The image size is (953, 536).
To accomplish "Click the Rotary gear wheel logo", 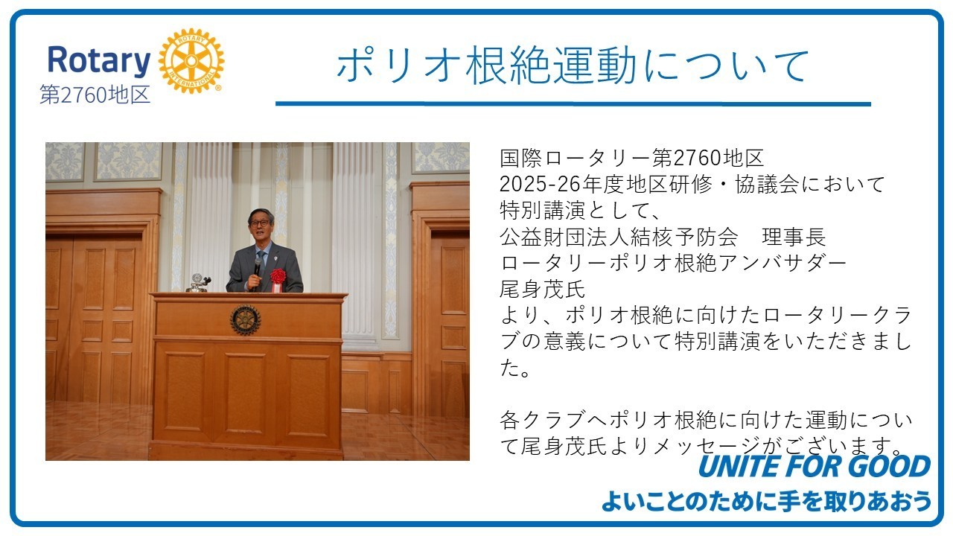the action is (191, 61).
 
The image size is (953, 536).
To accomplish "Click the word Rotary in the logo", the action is (99, 60).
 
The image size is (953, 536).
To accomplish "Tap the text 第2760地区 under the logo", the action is (95, 95).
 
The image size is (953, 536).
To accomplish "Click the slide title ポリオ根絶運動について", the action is (573, 66).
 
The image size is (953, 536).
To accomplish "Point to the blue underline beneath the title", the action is (573, 103).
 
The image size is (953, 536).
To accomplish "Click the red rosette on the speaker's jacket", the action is (278, 278).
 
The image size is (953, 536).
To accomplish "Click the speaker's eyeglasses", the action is (260, 223).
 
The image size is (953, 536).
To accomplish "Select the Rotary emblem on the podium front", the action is (246, 320).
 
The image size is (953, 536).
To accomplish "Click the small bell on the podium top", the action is (197, 283).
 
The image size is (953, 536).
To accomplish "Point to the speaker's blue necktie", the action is (261, 261).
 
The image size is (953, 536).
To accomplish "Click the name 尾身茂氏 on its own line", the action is (543, 290).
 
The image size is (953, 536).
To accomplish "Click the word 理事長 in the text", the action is (794, 237).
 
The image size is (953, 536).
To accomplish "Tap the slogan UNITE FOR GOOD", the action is (815, 466).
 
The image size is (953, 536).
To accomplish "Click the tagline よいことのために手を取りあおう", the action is (767, 501).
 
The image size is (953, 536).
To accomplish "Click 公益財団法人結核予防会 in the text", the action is (619, 237).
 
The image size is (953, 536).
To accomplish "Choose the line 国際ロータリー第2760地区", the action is (632, 158).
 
